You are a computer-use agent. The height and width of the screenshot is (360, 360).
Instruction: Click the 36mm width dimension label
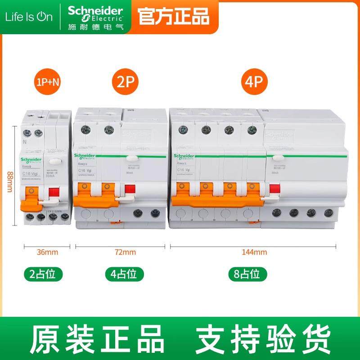46,252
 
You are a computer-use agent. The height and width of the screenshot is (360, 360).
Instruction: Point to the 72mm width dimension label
123,252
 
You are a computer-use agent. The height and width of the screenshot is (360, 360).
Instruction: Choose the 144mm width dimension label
255,252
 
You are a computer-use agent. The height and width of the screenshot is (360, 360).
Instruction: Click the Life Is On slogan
29,17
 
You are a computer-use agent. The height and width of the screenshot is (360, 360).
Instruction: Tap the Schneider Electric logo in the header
95,16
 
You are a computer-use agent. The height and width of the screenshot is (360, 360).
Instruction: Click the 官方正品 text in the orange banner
173,17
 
